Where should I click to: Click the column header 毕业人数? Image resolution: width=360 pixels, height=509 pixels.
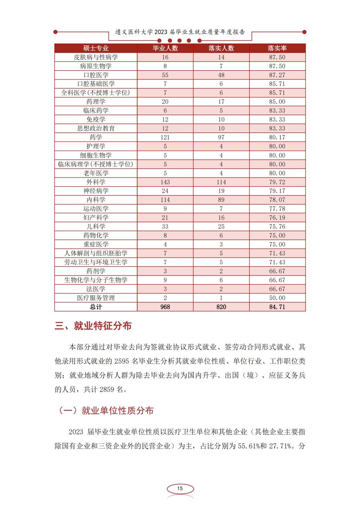[x=165, y=48]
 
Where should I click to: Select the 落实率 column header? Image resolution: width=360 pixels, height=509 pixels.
[x=277, y=48]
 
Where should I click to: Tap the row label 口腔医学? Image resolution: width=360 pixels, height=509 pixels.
[x=96, y=75]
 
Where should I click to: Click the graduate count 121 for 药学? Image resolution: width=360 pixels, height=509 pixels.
[x=165, y=137]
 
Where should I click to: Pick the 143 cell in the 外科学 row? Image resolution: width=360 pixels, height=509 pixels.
[x=165, y=182]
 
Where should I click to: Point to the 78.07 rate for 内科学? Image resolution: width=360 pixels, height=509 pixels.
[x=277, y=200]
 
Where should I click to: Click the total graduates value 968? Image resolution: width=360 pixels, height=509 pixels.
[x=165, y=307]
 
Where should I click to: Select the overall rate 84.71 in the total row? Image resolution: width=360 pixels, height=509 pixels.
[x=277, y=307]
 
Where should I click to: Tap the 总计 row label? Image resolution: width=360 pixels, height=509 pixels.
[x=96, y=307]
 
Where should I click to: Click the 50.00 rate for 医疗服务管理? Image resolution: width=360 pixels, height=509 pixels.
[x=277, y=298]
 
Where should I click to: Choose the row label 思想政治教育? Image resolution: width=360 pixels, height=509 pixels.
[x=96, y=128]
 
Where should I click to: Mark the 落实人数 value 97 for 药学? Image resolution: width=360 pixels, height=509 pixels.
[x=221, y=137]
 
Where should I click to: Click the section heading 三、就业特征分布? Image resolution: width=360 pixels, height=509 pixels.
[x=93, y=326]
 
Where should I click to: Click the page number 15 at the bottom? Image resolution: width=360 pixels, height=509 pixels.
[x=180, y=489]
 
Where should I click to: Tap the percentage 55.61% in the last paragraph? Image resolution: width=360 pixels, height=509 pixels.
[x=248, y=446]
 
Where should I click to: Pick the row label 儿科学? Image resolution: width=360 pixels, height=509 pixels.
[x=96, y=226]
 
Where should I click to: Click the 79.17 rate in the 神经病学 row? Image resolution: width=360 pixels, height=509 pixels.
[x=277, y=191]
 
